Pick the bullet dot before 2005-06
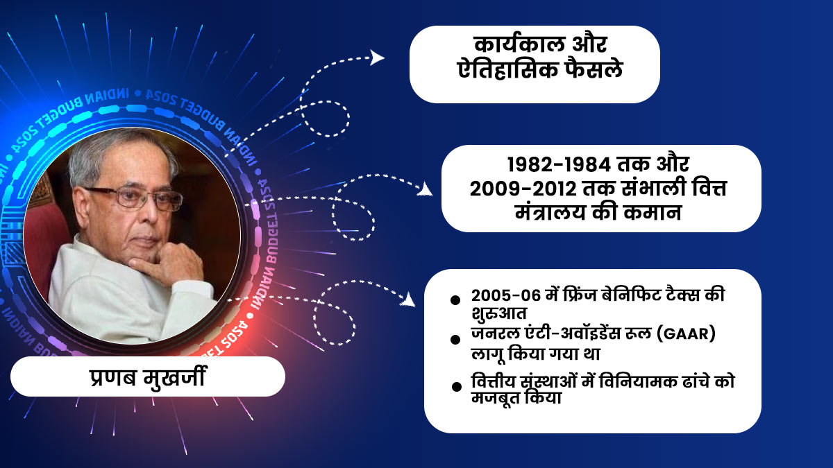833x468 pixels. (x=455, y=300)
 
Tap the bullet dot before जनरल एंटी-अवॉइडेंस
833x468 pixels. (x=455, y=339)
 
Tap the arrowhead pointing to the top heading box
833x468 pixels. (x=378, y=57)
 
